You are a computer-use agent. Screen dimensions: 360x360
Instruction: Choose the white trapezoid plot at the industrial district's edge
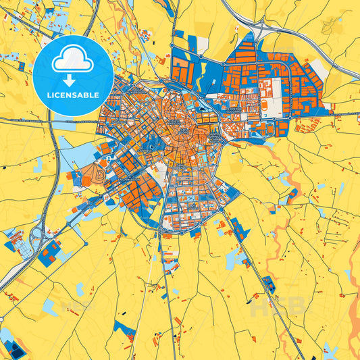point(201,45)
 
